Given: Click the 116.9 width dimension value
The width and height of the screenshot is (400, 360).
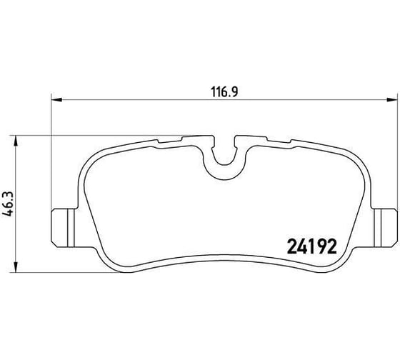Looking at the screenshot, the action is pyautogui.click(x=224, y=92).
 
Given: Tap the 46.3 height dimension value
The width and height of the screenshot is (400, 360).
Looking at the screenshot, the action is pyautogui.click(x=8, y=204).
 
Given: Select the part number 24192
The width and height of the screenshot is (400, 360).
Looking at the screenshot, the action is pyautogui.click(x=312, y=246).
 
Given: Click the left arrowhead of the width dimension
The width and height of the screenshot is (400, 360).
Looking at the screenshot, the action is pyautogui.click(x=56, y=100).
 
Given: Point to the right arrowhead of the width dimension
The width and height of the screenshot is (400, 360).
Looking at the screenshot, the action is pyautogui.click(x=392, y=100).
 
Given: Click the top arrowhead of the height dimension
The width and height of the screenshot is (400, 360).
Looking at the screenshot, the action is pyautogui.click(x=16, y=141).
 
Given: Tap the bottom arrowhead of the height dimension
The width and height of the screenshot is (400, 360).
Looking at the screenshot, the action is pyautogui.click(x=16, y=267).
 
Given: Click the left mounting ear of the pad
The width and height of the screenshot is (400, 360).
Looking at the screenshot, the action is pyautogui.click(x=64, y=228).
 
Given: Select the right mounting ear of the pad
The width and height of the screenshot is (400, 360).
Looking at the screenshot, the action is pyautogui.click(x=385, y=228).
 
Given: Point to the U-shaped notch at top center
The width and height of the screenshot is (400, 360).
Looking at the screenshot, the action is pyautogui.click(x=224, y=159).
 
